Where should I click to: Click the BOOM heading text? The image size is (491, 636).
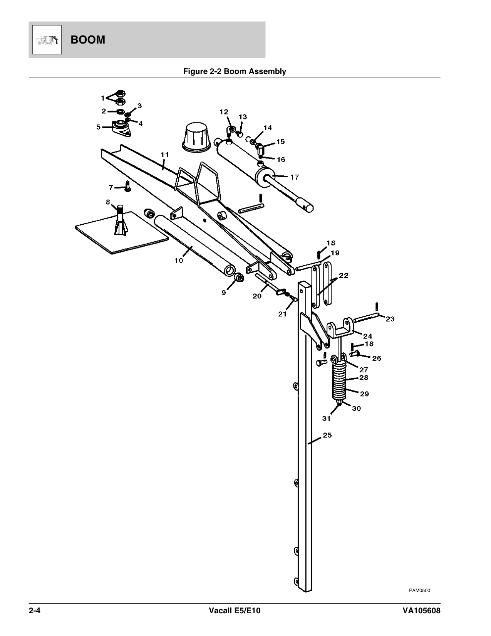(x=88, y=40)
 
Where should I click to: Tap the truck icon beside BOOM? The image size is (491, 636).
(x=47, y=40)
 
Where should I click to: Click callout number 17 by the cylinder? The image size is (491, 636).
(x=294, y=177)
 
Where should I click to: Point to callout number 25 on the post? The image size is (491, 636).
(x=327, y=435)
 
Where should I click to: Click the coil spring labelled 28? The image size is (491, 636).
(x=339, y=382)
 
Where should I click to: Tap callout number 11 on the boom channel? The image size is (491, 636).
(x=164, y=155)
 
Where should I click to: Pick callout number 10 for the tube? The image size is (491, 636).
(x=179, y=261)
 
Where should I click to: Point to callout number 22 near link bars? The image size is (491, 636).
(x=344, y=276)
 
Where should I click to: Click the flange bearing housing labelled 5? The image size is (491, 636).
(x=121, y=128)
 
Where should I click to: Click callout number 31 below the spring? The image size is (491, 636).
(x=326, y=418)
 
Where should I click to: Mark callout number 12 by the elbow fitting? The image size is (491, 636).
(x=224, y=112)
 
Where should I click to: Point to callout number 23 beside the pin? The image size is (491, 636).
(x=390, y=319)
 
